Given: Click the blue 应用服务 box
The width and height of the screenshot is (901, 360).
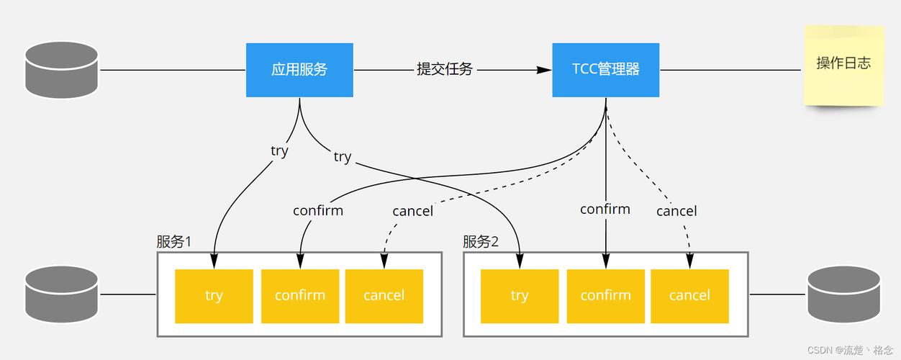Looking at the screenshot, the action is coord(299,70).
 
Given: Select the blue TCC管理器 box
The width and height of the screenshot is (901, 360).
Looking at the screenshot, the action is coord(606,70).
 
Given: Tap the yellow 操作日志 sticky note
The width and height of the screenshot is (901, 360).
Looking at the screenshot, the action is coord(843,66).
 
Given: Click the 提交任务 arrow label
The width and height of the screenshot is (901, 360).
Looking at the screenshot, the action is coord(445,69).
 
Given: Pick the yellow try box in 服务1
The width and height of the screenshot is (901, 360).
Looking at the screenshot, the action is coord(214,296).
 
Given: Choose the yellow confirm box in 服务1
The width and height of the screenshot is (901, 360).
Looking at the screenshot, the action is coord(300,296).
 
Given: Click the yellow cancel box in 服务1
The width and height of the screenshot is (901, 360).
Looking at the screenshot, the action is coord(384,296).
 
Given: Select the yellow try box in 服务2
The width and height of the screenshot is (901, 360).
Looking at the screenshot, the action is coord(520,296).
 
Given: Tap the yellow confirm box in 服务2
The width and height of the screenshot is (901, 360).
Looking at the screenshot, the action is coord(606,296).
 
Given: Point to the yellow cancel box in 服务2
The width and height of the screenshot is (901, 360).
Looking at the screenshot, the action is coord(690,296).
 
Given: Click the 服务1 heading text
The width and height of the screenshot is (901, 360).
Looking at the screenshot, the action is coord(173,241).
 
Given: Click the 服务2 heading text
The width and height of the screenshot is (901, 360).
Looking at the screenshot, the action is coord(480,241).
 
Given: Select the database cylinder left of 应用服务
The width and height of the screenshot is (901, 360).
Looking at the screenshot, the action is coord(62,70).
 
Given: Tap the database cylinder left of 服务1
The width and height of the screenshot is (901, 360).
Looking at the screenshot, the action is coord(62,294).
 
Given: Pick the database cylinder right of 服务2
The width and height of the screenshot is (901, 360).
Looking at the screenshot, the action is coord(844,294).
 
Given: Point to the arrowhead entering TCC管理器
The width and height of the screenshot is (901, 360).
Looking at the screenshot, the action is coord(544,70).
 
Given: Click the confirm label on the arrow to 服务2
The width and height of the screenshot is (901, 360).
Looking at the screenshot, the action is coord(605,210).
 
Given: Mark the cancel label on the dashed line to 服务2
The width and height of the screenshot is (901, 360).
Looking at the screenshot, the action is coord(676,211).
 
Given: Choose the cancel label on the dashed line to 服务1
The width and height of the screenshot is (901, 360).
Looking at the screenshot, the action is coord(412,211).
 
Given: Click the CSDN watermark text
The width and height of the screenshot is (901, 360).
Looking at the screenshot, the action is coord(850,350).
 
